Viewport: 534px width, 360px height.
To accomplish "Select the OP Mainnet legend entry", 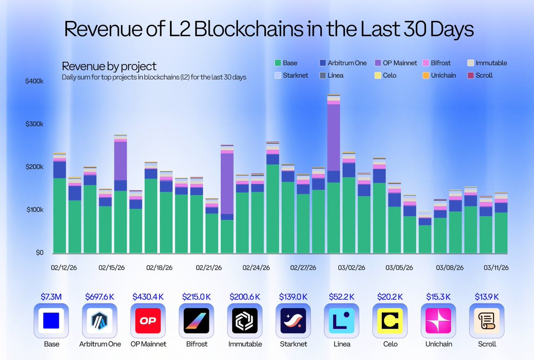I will point(396,63).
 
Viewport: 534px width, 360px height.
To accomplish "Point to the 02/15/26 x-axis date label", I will point(111,268).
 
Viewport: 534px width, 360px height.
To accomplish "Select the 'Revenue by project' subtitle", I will point(109,66).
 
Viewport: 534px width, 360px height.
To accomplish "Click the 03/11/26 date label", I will point(497,268).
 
